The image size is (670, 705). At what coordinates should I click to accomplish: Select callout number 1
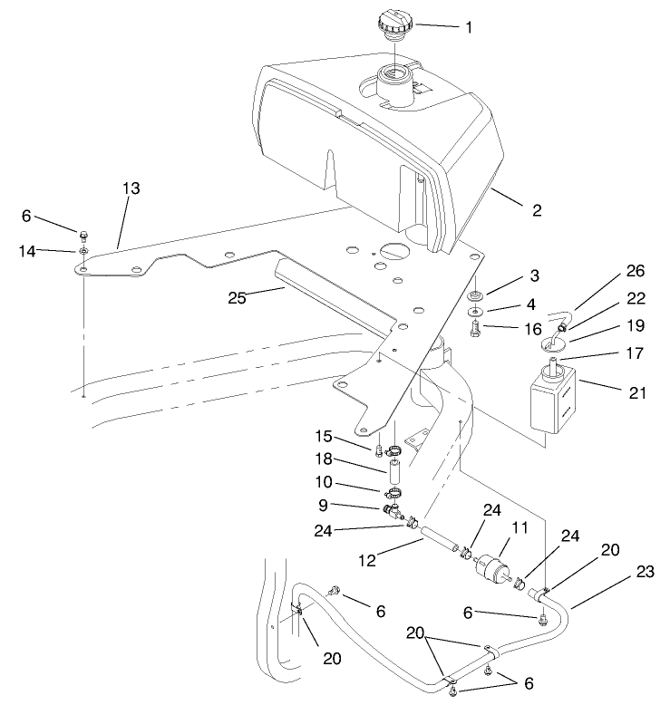pos(468,27)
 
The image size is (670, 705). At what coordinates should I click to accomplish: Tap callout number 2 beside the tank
pos(536,210)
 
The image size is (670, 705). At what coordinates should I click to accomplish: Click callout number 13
pos(132,188)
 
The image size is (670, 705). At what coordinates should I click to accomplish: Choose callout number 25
pos(239,295)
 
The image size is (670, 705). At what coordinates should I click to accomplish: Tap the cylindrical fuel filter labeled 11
pos(494,563)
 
